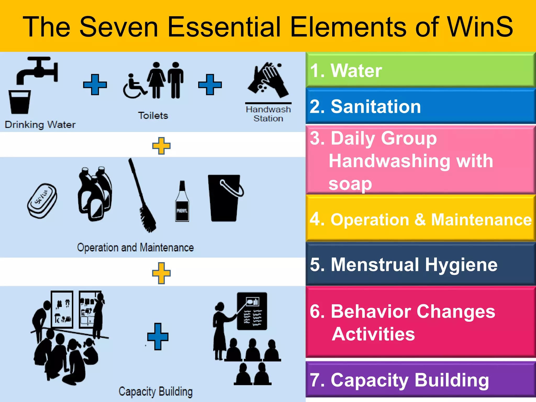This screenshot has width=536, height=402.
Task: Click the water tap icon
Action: coord(38,69)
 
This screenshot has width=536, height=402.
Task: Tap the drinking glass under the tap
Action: coord(19,102)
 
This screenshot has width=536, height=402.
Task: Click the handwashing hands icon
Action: coord(268,80)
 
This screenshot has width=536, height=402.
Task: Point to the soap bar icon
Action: coord(42,200)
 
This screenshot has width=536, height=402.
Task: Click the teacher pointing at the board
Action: coord(221,330)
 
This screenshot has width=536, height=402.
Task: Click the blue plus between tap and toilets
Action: coord(95,85)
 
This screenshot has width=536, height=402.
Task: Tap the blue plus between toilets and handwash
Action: coord(210,85)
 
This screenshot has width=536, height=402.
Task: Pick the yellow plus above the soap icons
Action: coord(161,146)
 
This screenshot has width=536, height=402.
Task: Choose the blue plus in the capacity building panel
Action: coord(158,337)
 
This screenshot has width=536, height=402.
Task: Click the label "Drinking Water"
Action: coord(40,125)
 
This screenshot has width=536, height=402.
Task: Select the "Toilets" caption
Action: coord(153,115)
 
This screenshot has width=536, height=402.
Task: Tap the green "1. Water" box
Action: coord(420,70)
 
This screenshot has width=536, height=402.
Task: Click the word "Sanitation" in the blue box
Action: coord(376,107)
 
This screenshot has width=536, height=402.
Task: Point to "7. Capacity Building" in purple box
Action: coord(399,380)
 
